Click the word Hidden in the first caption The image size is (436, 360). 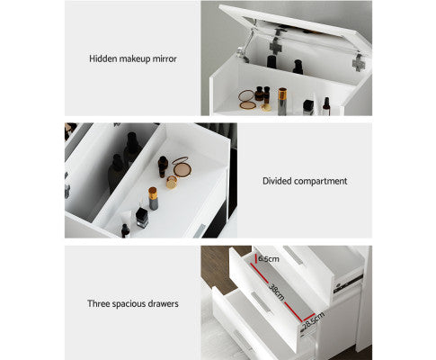point(102,58)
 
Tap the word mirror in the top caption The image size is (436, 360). point(165,58)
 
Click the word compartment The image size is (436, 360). point(320,181)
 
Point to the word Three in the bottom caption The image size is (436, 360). point(96,303)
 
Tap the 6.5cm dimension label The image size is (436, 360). point(269,258)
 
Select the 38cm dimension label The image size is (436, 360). point(276,292)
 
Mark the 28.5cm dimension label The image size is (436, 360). point(314,320)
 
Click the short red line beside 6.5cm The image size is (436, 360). point(255,258)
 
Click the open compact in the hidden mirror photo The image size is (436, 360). point(247,100)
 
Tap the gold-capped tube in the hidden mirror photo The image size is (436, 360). point(282,101)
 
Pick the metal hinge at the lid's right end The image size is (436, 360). point(358,63)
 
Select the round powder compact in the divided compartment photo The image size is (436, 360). point(182,167)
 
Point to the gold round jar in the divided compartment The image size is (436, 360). point(172,182)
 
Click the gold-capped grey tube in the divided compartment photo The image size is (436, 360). point(153,198)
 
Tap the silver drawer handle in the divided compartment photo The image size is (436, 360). point(199,230)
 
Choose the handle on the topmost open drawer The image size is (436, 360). point(293,255)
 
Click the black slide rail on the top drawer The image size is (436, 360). point(348,283)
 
